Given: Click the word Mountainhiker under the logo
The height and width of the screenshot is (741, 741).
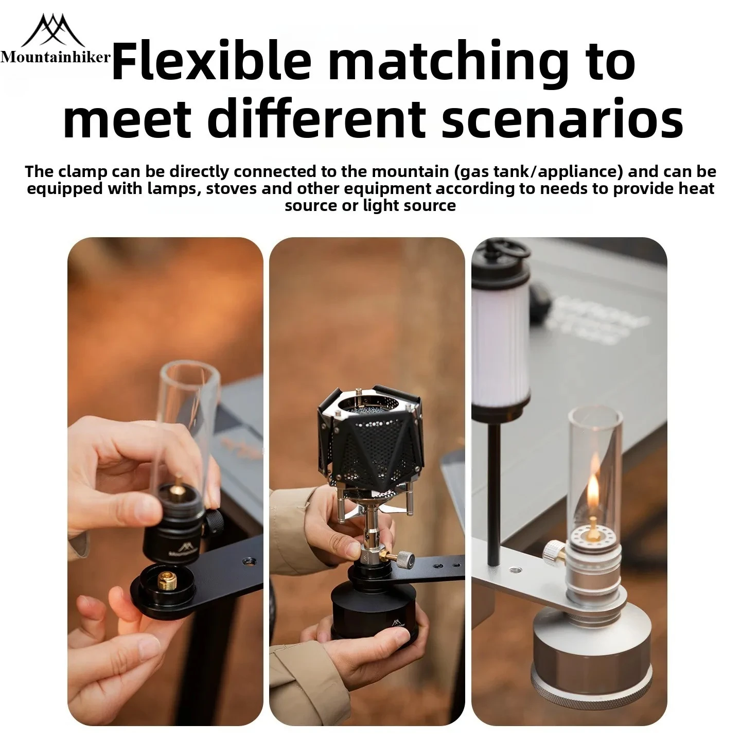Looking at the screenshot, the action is (x=56, y=58).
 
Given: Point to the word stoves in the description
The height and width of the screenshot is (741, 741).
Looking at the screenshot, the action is (x=232, y=189).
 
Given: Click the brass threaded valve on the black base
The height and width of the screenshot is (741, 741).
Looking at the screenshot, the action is (x=167, y=581).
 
